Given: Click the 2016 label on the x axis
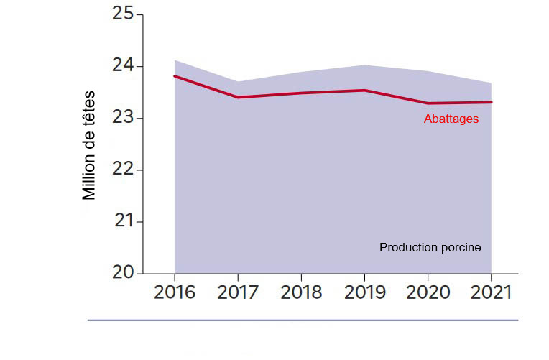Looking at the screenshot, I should (x=175, y=292).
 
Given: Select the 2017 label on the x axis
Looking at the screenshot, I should (x=238, y=292).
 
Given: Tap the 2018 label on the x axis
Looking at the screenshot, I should (x=301, y=292).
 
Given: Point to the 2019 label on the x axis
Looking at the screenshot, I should (x=364, y=292).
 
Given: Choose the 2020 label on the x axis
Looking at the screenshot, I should (x=428, y=292).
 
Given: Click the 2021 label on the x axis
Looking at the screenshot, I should (x=491, y=292).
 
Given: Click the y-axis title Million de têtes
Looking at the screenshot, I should (x=89, y=144).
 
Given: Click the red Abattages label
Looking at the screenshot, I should (x=451, y=119).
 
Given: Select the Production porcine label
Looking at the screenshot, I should (x=430, y=247).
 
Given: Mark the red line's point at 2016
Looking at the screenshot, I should (x=175, y=76).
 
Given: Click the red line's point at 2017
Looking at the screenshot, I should (x=238, y=97).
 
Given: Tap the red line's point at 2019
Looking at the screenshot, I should (x=364, y=91).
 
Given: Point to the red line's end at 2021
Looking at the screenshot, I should (x=491, y=102).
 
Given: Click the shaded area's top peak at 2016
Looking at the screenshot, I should (x=175, y=60).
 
